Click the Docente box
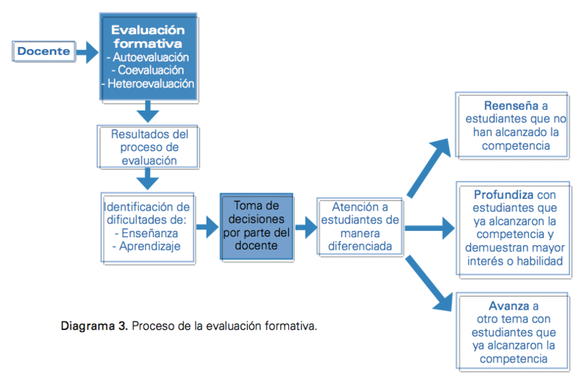pos(44,51)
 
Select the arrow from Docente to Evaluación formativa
pos(87,52)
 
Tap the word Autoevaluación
pos(151,57)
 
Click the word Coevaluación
pos(151,70)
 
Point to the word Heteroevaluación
pos(151,83)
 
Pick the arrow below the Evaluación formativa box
pos(147,111)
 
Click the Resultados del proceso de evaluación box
pos(148,147)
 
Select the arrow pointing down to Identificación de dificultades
pos(147,179)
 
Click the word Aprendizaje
pos(150,246)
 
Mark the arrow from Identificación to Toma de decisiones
pos(207,227)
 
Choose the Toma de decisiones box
pos(256,226)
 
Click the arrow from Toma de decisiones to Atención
pos(306,227)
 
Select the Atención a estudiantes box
pos(360,226)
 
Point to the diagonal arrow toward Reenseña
pos(428,168)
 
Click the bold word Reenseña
pos(511,106)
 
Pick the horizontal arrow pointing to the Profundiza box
pos(430,229)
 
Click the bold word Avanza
pos(509,306)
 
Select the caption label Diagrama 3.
pos(95,326)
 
